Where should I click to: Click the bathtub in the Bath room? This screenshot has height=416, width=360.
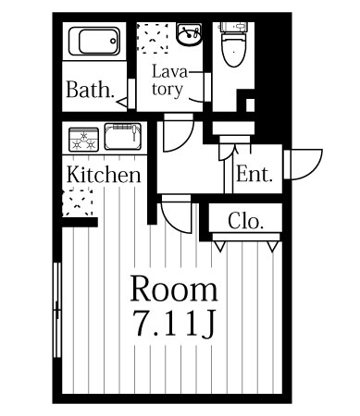pyautogui.click(x=94, y=42)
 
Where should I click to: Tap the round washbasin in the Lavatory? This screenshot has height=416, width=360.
pyautogui.click(x=189, y=34)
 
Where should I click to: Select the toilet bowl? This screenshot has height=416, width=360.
pyautogui.click(x=234, y=49)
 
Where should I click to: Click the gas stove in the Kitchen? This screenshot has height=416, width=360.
pyautogui.click(x=83, y=140)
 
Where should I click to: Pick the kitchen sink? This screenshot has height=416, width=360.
pyautogui.click(x=123, y=136)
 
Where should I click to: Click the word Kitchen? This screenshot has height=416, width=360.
pyautogui.click(x=104, y=175)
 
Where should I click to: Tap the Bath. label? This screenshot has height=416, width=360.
pyautogui.click(x=90, y=90)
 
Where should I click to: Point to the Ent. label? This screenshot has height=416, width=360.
pyautogui.click(x=254, y=174)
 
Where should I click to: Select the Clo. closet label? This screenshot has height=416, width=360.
pyautogui.click(x=246, y=221)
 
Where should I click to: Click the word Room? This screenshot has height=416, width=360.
pyautogui.click(x=174, y=288)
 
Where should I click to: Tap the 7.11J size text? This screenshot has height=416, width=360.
pyautogui.click(x=174, y=323)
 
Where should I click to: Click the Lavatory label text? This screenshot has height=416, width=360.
pyautogui.click(x=169, y=80)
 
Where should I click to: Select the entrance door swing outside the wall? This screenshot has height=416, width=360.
pyautogui.click(x=306, y=165)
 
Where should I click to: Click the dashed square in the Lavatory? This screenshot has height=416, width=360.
pyautogui.click(x=153, y=37)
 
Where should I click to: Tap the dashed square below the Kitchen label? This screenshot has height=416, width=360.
pyautogui.click(x=78, y=202)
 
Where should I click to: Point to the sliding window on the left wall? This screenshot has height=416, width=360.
pyautogui.click(x=57, y=310)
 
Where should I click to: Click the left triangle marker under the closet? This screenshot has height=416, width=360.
pyautogui.click(x=220, y=247)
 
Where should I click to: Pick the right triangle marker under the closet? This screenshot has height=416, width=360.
pyautogui.click(x=273, y=247)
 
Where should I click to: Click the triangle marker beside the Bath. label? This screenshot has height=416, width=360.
pyautogui.click(x=121, y=103)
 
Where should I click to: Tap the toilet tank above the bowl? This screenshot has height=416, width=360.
pyautogui.click(x=233, y=27)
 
